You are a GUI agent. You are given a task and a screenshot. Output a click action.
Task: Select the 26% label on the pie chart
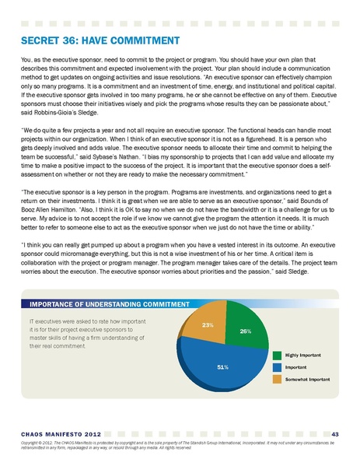[245, 331]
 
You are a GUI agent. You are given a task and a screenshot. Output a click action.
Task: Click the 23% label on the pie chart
[208, 324]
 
